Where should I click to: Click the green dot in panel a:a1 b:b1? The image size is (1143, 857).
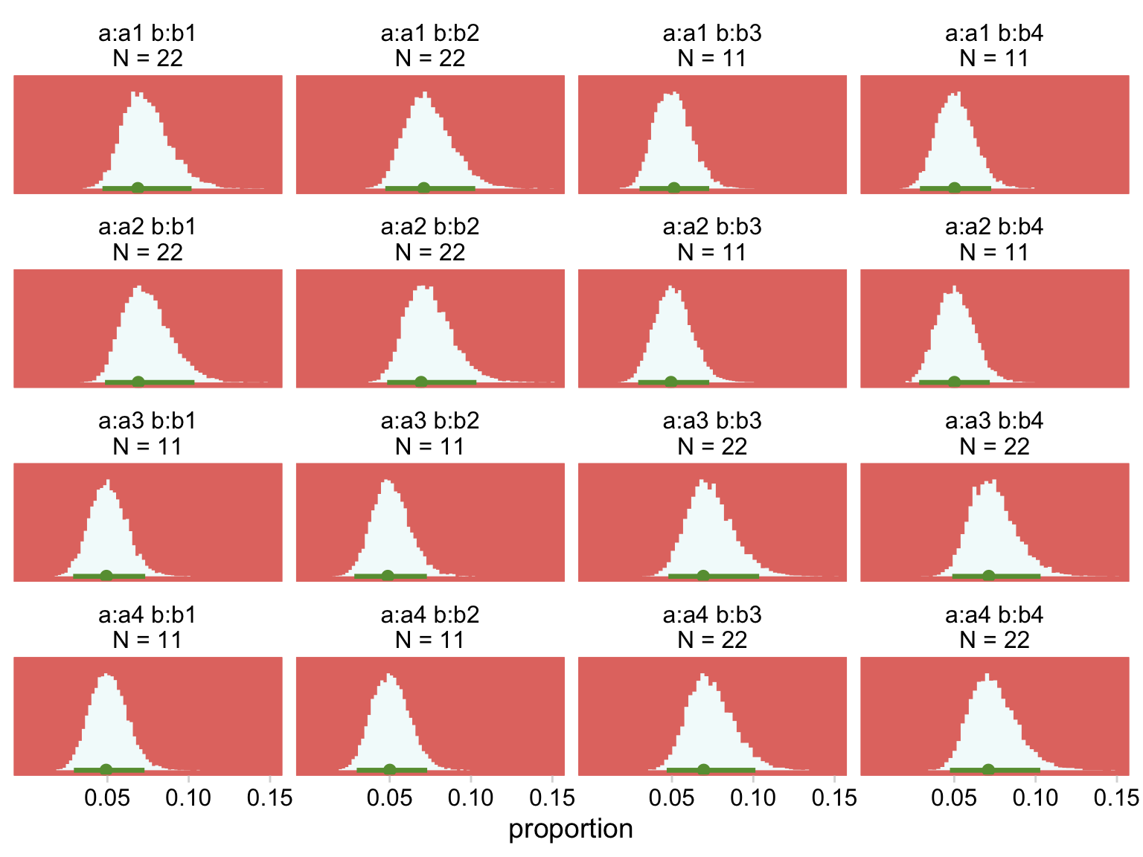(138, 187)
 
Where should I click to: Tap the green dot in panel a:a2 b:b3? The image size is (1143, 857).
(670, 382)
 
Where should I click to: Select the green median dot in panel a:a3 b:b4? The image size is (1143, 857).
(988, 575)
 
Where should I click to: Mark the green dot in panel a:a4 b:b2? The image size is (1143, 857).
(389, 769)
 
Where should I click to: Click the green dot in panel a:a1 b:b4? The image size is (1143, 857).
(955, 187)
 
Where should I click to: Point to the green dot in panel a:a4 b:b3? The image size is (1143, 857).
(703, 769)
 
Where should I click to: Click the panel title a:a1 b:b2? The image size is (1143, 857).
(430, 33)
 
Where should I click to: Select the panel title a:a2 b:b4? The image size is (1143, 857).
(994, 227)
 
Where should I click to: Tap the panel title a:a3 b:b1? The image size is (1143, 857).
(147, 421)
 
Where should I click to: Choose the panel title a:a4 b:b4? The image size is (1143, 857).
(994, 615)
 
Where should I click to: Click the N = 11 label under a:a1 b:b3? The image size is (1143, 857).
(712, 58)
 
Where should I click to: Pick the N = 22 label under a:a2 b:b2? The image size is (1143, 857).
(430, 252)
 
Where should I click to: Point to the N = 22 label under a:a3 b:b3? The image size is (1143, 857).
(712, 446)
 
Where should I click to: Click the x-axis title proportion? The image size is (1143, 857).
(571, 829)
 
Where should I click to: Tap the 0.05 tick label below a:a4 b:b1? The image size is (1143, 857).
(107, 798)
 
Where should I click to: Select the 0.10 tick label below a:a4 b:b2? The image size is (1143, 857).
(470, 798)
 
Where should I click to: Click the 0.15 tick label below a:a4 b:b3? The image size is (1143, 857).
(834, 798)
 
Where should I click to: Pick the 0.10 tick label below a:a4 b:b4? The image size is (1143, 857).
(1035, 798)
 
